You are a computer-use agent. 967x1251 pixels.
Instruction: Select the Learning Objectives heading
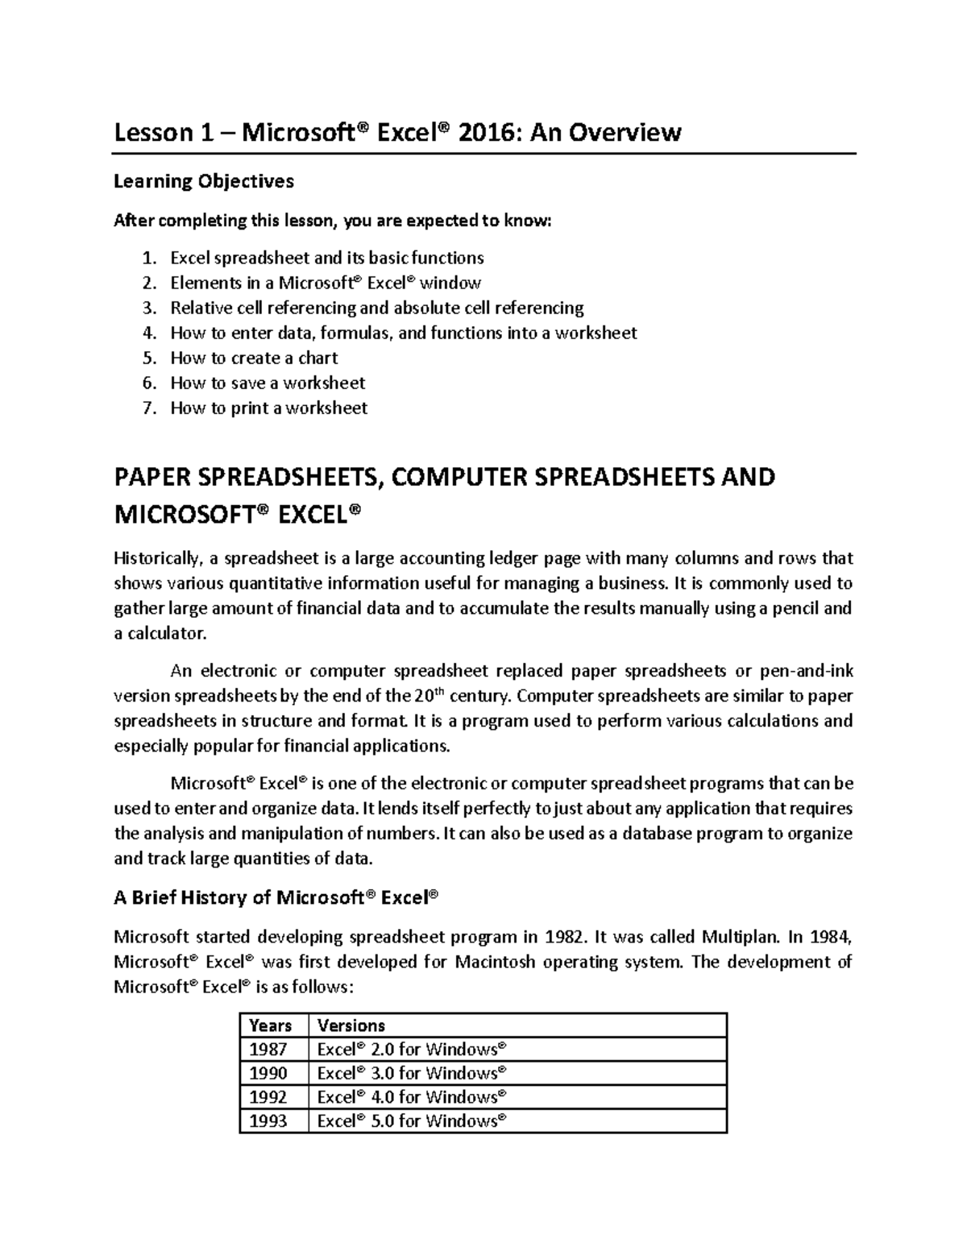(x=203, y=181)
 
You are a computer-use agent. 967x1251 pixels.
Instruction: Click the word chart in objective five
(x=317, y=358)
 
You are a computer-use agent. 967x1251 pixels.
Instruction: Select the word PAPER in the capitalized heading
(x=160, y=477)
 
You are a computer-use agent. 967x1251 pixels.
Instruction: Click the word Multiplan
(x=740, y=937)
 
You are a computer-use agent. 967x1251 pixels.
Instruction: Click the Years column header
(x=271, y=1025)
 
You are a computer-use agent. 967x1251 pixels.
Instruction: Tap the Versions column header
(x=351, y=1025)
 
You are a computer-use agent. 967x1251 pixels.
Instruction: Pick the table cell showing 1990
(x=268, y=1073)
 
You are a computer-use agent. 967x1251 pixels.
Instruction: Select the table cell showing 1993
(x=268, y=1121)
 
